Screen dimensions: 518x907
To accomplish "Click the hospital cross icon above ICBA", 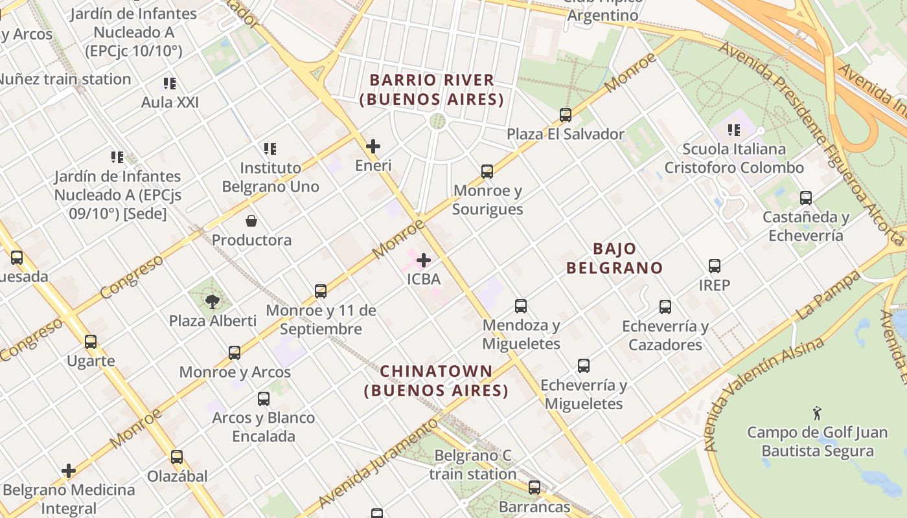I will [x=424, y=260].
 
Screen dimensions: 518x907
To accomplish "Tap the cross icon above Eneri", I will [x=373, y=146].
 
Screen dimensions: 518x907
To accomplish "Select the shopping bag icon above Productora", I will [x=251, y=221].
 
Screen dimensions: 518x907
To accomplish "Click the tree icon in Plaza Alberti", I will [x=212, y=301].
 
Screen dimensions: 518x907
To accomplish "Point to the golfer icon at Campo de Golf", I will [x=817, y=412].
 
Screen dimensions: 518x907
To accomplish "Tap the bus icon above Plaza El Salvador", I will [x=566, y=115].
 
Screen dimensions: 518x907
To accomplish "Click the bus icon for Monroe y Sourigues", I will [x=487, y=172].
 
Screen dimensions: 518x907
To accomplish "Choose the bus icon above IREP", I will [x=715, y=266].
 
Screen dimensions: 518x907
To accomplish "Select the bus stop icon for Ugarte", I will [x=91, y=342].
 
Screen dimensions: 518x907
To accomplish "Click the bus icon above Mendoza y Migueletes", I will [x=521, y=306].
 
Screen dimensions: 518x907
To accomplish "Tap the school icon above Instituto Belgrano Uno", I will [x=270, y=149].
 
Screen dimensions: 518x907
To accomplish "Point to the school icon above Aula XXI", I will [x=170, y=83].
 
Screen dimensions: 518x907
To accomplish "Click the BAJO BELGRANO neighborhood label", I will [x=614, y=258].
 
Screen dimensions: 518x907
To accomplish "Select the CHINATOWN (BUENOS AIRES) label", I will [x=436, y=381].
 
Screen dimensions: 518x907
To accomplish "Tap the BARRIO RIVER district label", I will [x=431, y=89].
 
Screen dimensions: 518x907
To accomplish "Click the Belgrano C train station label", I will [x=473, y=465].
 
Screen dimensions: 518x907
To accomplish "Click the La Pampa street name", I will [x=827, y=295].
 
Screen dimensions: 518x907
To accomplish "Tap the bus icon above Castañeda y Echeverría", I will [x=806, y=198].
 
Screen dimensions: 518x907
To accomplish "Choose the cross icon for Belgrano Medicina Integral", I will [x=69, y=471].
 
